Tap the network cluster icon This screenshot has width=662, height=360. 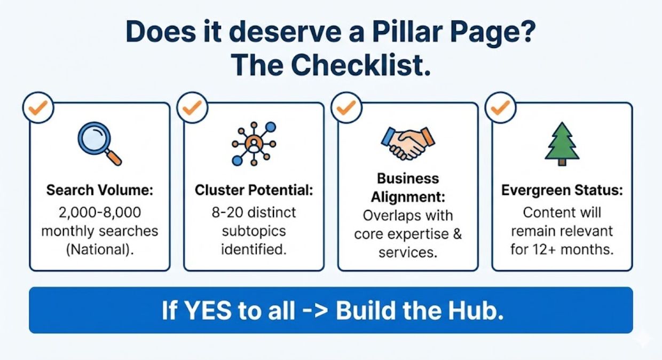tap(254, 143)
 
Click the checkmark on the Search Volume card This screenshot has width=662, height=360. tap(38, 108)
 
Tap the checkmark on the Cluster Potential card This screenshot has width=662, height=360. tap(192, 108)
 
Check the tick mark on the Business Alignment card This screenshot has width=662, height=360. tap(346, 108)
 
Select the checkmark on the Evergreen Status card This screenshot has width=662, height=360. tap(500, 108)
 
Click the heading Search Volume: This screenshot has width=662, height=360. tap(99, 190)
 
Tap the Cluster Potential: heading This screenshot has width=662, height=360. tap(254, 190)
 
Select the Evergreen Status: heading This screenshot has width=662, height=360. tap(562, 191)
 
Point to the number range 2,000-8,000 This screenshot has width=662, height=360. tap(99, 212)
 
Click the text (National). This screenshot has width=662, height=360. tap(99, 250)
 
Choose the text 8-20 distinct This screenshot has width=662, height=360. tap(254, 212)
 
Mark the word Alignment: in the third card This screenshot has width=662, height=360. tap(408, 197)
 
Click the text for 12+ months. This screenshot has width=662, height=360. tap(562, 250)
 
